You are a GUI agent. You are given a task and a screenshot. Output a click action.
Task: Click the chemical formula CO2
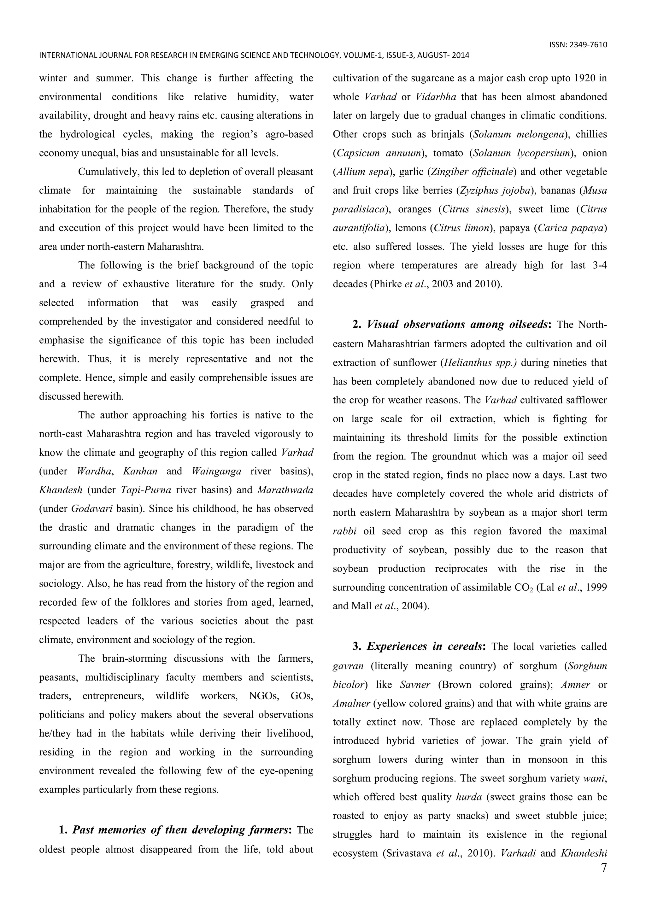(x=523, y=588)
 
